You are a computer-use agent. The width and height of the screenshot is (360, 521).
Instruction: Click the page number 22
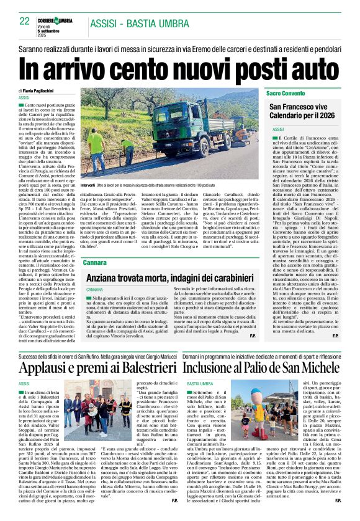24,21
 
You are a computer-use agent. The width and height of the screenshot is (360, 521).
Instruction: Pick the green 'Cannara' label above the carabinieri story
94,262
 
